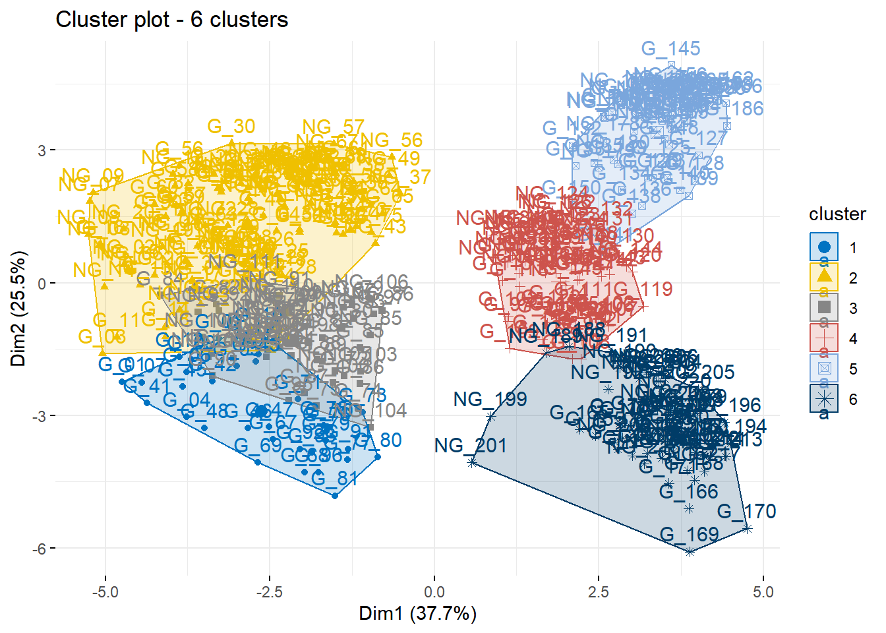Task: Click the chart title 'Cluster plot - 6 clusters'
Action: (x=171, y=20)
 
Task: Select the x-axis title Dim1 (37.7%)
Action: (x=417, y=613)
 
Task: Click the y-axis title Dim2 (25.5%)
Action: (x=18, y=309)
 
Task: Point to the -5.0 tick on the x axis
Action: (x=105, y=592)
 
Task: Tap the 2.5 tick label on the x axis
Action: (x=599, y=592)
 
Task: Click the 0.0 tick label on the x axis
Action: (x=434, y=592)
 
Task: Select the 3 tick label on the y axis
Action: (x=42, y=150)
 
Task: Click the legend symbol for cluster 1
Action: (x=824, y=247)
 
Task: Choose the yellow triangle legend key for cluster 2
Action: (x=824, y=278)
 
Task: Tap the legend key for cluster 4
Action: (x=824, y=338)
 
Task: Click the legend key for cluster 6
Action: (x=824, y=399)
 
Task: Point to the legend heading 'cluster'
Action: (x=837, y=214)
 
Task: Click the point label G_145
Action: (x=670, y=49)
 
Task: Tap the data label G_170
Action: (x=746, y=511)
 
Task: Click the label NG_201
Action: (x=470, y=446)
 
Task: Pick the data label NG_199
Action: (x=490, y=399)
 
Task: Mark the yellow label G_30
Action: (x=231, y=126)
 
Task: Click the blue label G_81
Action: (x=335, y=478)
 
